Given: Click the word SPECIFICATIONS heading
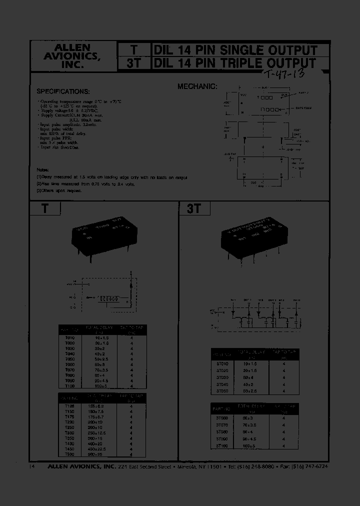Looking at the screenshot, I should pos(63,91).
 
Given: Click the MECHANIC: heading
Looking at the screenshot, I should pos(197,86).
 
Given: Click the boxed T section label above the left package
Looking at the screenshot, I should pos(44,208).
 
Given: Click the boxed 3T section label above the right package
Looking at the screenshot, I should pos(194,209).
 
